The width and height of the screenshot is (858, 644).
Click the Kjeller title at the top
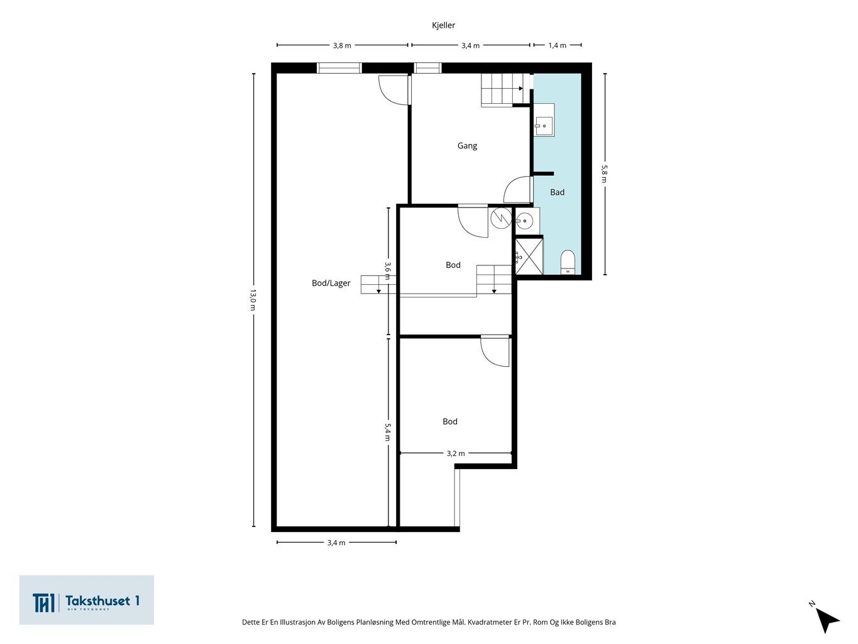click(x=443, y=25)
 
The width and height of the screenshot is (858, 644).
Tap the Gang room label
click(x=467, y=146)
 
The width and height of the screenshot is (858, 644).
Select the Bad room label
click(x=557, y=192)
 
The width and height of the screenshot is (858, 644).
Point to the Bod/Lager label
click(x=331, y=283)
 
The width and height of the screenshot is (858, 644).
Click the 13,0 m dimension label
click(x=253, y=300)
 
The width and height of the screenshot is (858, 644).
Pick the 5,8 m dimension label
click(x=604, y=174)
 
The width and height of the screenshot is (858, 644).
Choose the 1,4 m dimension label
click(x=557, y=45)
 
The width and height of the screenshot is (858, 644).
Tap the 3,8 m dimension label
click(x=342, y=45)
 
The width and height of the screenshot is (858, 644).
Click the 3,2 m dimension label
click(x=456, y=453)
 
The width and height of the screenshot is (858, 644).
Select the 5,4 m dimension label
click(x=387, y=432)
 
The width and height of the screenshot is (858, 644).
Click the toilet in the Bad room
click(x=568, y=262)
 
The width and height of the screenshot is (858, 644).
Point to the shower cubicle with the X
click(x=529, y=257)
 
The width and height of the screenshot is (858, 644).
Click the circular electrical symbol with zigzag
click(x=501, y=218)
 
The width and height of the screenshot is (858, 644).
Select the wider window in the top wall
click(x=339, y=68)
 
